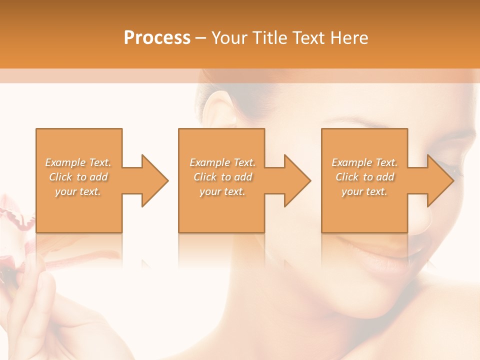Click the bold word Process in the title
tap(157, 38)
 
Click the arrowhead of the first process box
tap(155, 180)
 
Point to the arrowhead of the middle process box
tap(297, 180)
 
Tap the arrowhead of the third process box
tap(440, 180)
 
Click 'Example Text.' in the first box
tap(78, 162)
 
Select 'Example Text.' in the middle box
tap(222, 162)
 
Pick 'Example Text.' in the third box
tap(364, 162)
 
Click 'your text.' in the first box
tap(78, 191)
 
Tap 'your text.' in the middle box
tap(222, 191)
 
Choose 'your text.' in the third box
tap(364, 191)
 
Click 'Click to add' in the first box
tap(78, 177)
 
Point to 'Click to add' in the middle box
tap(222, 177)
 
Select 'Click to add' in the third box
tap(364, 177)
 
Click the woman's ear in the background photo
tap(220, 107)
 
